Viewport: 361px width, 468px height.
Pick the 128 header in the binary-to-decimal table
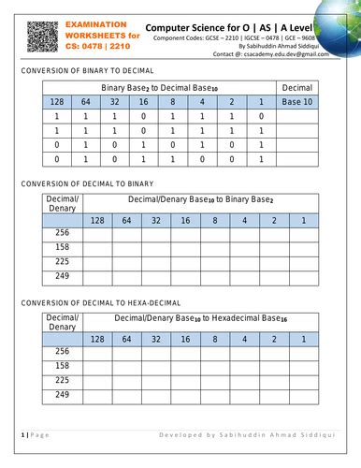click(x=57, y=101)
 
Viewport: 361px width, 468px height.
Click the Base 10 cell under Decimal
click(x=298, y=101)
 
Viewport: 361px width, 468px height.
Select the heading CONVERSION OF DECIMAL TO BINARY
click(x=86, y=184)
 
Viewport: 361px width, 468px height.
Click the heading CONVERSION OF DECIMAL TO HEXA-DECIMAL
click(x=98, y=303)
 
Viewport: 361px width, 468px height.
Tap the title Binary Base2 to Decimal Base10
click(x=159, y=87)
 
